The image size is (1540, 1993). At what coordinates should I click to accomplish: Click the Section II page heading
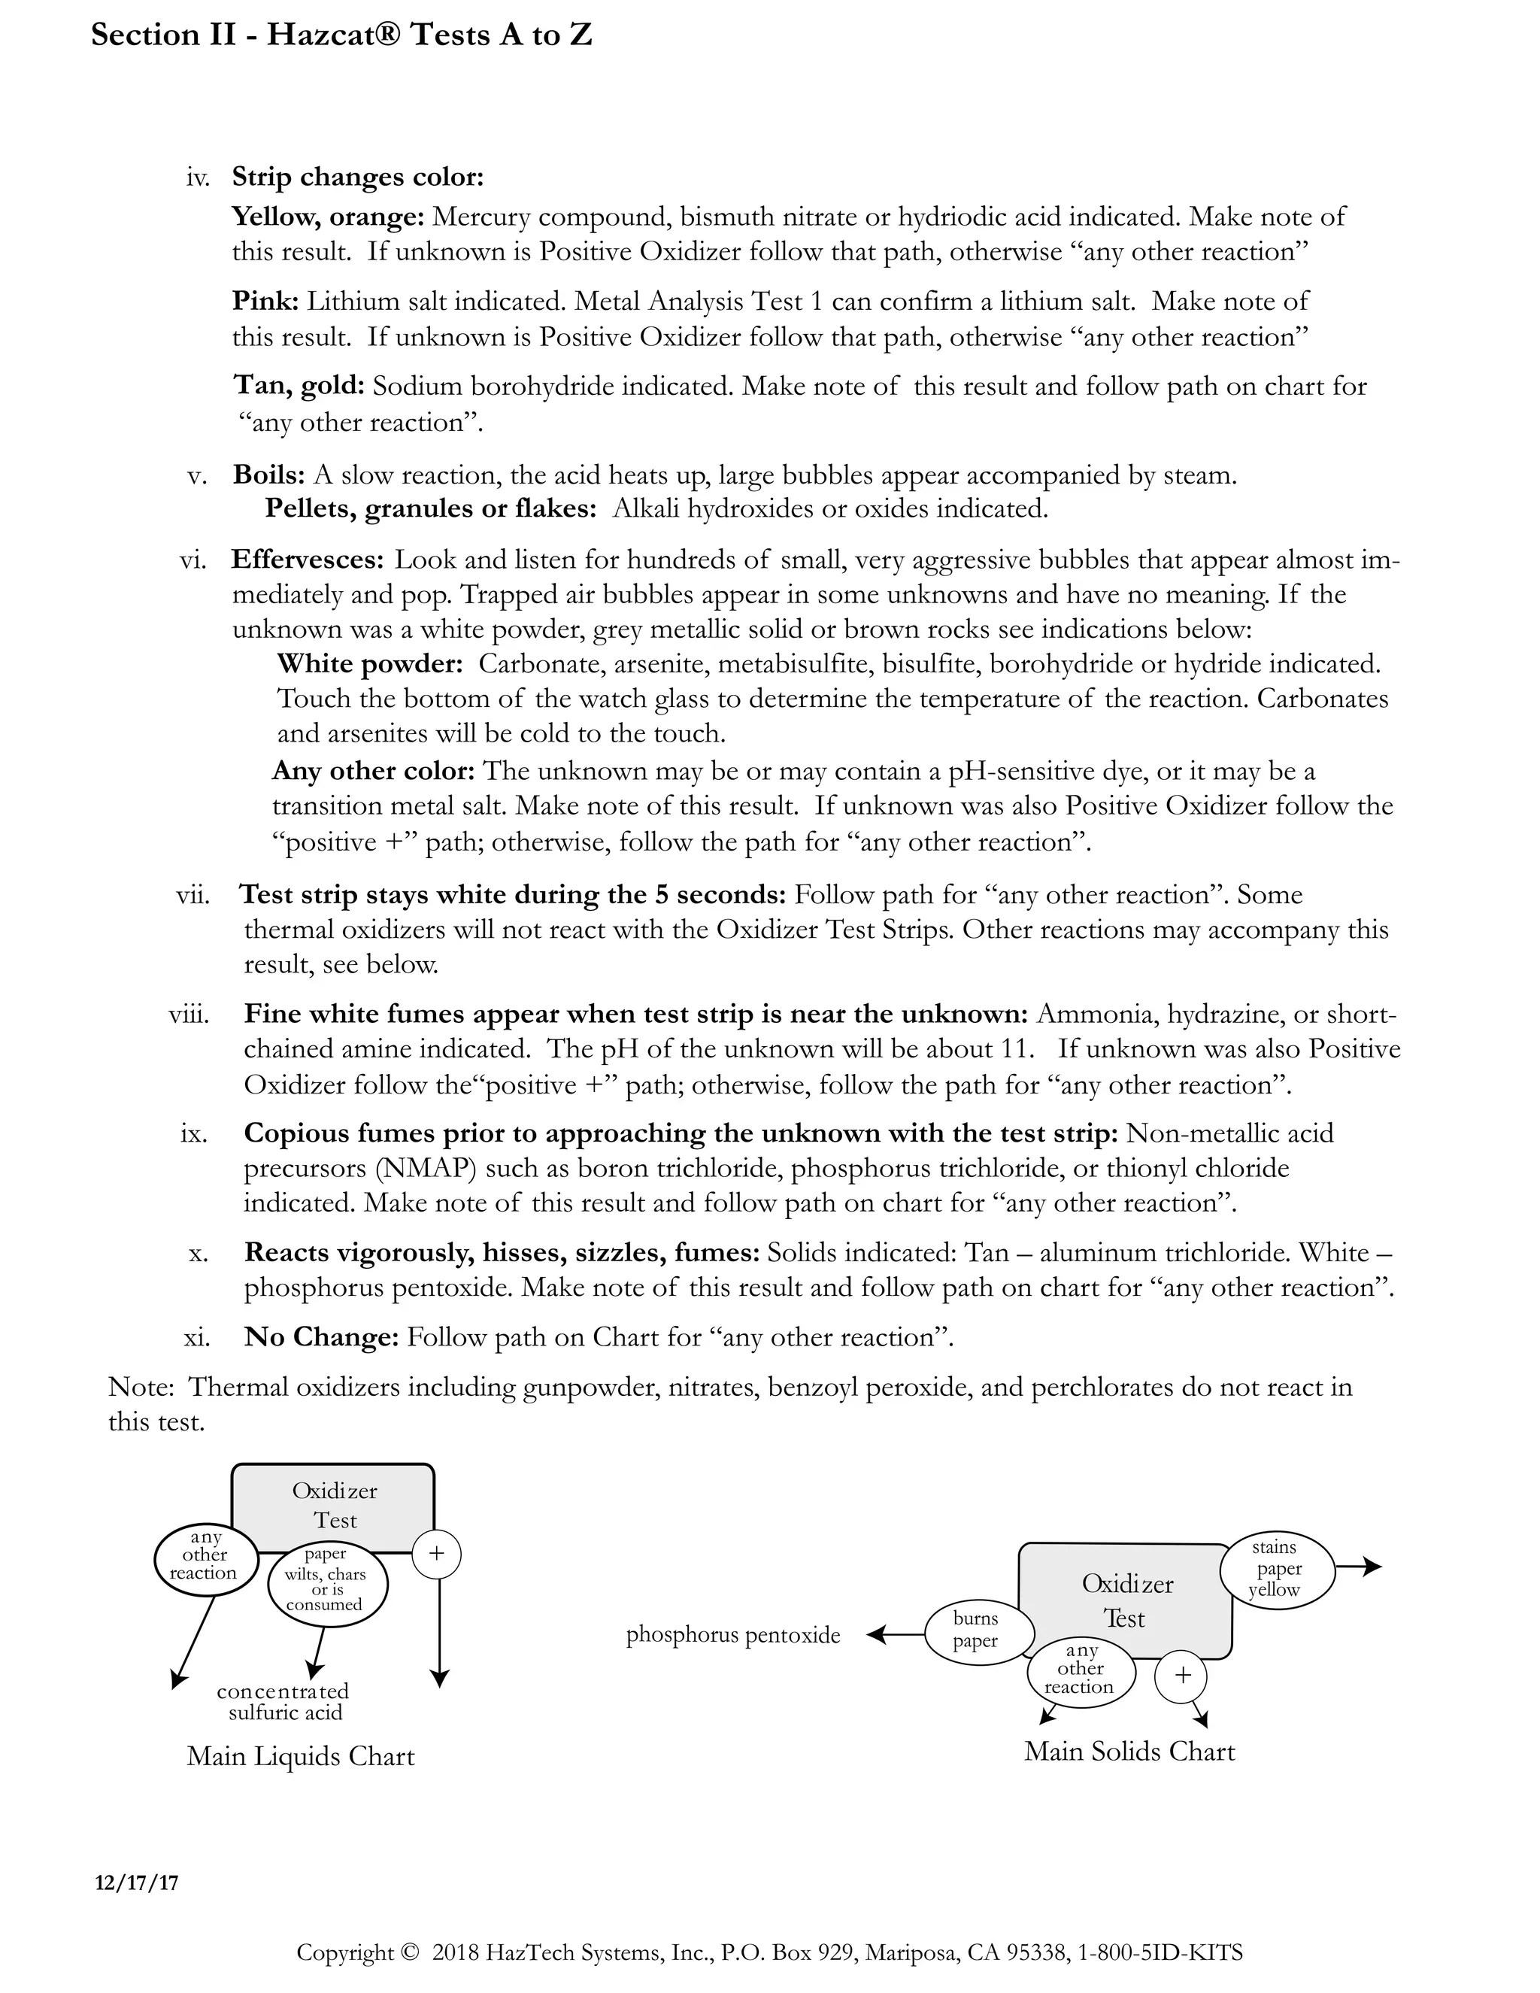click(x=342, y=35)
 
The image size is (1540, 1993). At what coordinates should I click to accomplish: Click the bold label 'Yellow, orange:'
click(x=328, y=217)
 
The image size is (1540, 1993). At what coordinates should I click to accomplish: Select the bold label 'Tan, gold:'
click(x=299, y=385)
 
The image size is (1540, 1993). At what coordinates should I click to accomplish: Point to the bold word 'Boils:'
click(x=268, y=475)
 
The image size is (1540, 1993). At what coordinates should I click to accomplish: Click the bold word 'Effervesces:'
click(x=308, y=559)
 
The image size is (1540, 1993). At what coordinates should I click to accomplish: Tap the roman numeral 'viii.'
click(x=189, y=1014)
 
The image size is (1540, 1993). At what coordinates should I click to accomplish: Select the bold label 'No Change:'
click(x=321, y=1337)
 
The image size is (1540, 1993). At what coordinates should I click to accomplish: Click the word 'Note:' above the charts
click(x=141, y=1386)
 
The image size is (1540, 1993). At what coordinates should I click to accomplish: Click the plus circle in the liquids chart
click(x=436, y=1553)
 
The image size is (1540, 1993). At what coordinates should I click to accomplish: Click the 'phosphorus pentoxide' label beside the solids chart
click(x=732, y=1635)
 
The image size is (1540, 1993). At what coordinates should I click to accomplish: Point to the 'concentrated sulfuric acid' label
click(x=283, y=1702)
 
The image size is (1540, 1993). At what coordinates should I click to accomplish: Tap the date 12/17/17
click(x=137, y=1882)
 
